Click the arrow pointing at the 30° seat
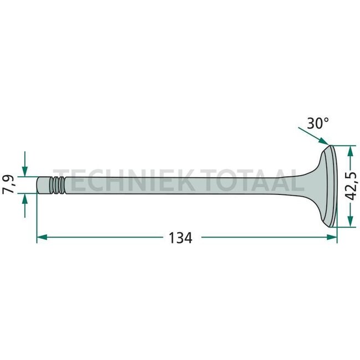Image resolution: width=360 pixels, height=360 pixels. coord(312,136)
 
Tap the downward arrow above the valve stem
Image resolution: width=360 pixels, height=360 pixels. coord(24,169)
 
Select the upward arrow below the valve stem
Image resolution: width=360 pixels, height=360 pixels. coord(24,199)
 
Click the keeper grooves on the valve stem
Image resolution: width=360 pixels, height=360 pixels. coord(56,185)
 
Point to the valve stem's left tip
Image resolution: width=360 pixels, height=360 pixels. coord(39,184)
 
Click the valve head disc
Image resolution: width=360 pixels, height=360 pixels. coord(330,187)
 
